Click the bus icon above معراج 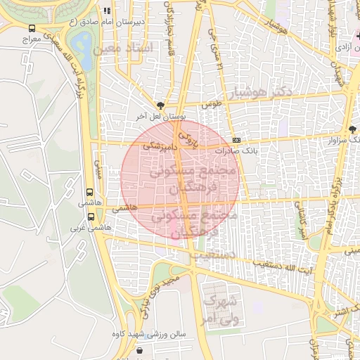(x=32, y=29)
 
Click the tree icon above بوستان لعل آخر (x=160, y=105)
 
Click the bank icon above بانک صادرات (x=236, y=140)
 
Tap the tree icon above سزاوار (x=352, y=129)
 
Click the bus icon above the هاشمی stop (x=90, y=192)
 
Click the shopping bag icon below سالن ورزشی (x=139, y=351)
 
